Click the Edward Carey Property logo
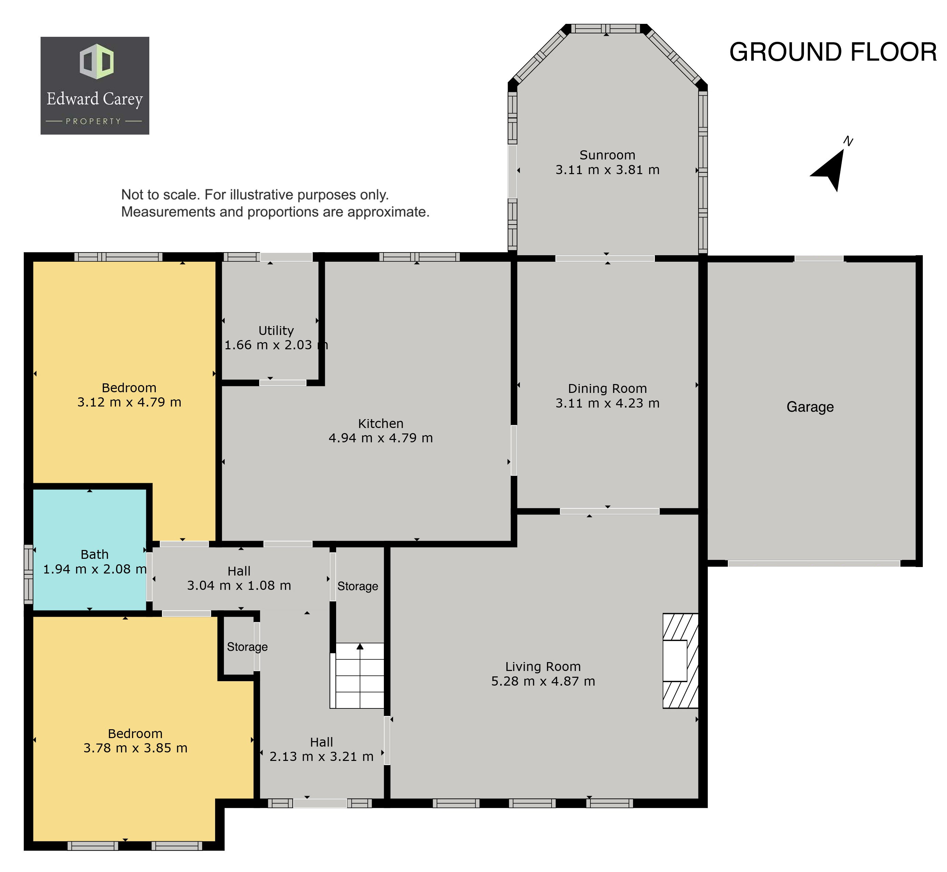(x=95, y=86)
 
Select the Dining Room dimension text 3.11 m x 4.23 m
(x=607, y=403)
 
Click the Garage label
(x=810, y=407)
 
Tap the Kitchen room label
(x=380, y=423)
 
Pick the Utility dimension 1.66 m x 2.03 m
(x=276, y=345)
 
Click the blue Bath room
(x=89, y=550)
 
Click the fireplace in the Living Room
(x=680, y=661)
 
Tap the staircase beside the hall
(x=357, y=675)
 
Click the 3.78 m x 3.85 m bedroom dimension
(x=135, y=748)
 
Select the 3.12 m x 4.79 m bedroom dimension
(x=129, y=402)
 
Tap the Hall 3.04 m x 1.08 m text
(x=239, y=579)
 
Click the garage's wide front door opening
(x=814, y=563)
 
